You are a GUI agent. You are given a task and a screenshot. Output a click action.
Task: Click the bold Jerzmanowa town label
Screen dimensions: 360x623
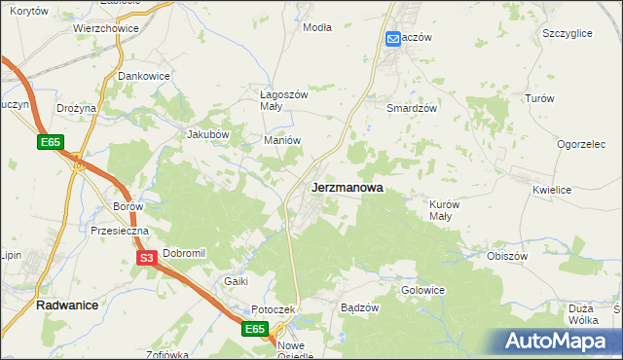coord(347,187)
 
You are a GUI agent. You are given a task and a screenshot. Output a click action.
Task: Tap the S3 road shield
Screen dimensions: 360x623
coord(146,258)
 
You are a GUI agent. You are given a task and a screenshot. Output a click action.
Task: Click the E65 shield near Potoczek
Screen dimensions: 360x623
coord(255,330)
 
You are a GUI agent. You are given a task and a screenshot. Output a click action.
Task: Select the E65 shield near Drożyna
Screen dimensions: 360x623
coord(52,143)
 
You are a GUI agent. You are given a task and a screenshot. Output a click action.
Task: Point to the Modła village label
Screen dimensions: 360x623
coord(317,27)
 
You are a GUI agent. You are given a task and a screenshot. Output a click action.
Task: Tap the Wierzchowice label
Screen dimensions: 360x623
coord(105,29)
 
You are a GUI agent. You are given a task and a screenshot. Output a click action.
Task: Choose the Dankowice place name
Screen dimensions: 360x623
coord(144,75)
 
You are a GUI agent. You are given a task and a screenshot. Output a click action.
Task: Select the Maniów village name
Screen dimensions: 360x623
coord(282,140)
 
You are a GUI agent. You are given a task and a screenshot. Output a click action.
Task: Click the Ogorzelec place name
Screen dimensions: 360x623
coord(582,144)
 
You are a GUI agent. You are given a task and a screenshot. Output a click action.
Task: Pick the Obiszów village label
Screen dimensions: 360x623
coord(507,256)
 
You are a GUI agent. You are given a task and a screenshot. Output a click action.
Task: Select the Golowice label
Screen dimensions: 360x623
coord(422,290)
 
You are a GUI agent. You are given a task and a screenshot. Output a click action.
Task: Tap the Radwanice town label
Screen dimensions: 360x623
coord(68,305)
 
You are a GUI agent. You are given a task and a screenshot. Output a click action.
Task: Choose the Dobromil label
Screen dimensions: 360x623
coord(185,253)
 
